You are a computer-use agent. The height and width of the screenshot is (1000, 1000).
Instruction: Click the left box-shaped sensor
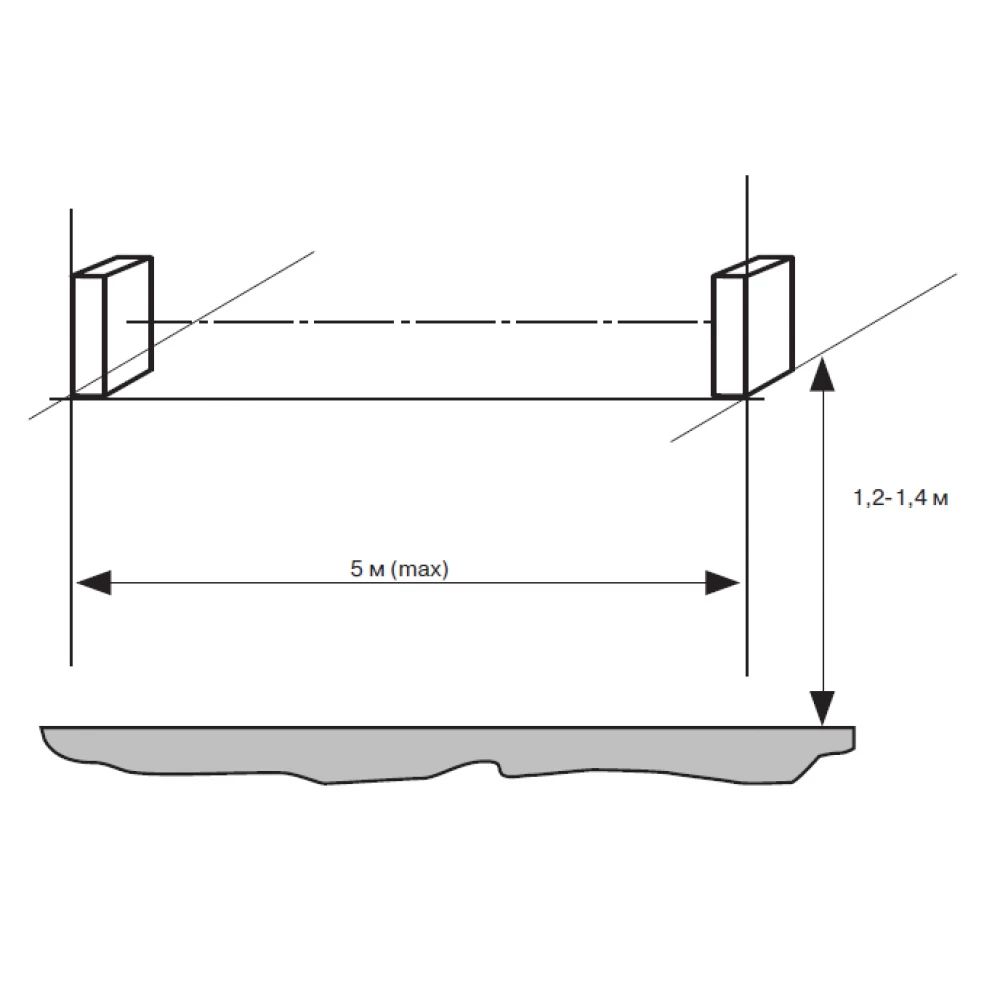(112, 327)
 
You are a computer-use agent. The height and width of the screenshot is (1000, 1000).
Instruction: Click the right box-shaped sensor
(753, 327)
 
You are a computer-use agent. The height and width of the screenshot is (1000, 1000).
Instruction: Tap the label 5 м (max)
(399, 568)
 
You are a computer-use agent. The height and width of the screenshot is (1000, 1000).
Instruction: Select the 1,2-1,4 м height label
(901, 497)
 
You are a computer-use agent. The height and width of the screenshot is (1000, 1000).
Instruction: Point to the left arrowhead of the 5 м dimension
(93, 582)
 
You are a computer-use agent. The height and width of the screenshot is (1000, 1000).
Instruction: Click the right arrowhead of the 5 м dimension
(722, 582)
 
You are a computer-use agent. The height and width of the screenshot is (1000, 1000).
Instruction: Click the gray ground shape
(446, 753)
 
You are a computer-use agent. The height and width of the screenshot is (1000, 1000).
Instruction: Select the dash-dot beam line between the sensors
(419, 322)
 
